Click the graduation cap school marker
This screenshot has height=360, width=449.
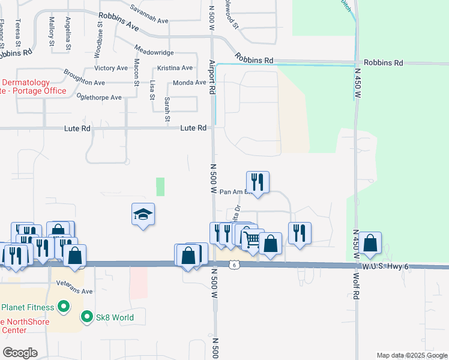143,215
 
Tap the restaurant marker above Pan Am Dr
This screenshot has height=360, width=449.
258,182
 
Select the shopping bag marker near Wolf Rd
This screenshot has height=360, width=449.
371,244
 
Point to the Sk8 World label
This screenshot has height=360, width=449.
115,317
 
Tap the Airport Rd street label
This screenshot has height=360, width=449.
211,76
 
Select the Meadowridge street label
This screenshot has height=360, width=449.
154,53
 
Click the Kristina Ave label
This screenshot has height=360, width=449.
175,68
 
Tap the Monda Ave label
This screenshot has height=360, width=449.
189,83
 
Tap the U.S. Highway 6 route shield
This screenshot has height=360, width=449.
234,264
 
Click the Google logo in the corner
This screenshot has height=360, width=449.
20,353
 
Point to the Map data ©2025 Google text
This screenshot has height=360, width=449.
411,355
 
